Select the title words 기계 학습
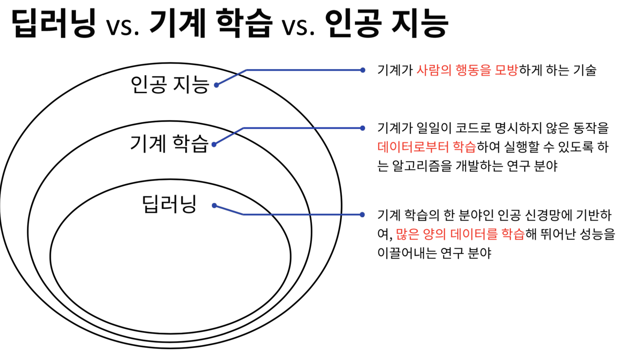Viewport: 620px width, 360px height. click(211, 24)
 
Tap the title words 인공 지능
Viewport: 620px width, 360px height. click(386, 24)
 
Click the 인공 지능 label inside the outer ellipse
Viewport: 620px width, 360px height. click(170, 85)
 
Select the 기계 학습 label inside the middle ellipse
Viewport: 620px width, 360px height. click(169, 144)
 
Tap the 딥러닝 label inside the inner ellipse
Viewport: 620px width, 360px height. click(169, 204)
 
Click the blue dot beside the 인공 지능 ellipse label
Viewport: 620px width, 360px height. click(216, 85)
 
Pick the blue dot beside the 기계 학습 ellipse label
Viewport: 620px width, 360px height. click(214, 144)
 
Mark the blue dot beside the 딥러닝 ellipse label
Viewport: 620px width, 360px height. click(214, 205)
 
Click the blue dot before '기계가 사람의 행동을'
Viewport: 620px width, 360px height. click(363, 70)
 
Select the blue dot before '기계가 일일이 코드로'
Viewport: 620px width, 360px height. click(362, 128)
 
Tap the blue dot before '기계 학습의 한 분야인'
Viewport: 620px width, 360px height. click(362, 214)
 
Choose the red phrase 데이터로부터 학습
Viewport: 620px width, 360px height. click(427, 147)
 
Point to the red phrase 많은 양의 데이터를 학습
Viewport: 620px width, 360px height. click(460, 234)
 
